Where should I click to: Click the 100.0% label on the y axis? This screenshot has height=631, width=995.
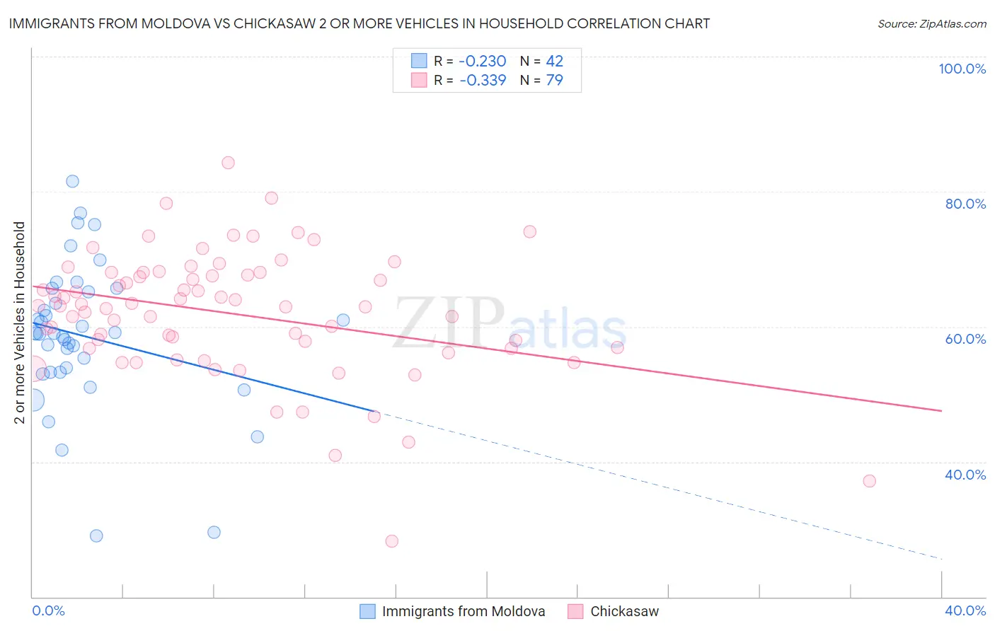[x=962, y=69]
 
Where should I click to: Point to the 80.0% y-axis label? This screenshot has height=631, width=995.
[x=965, y=204]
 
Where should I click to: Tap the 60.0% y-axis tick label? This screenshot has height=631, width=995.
[x=965, y=339]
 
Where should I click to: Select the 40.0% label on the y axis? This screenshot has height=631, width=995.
[x=965, y=475]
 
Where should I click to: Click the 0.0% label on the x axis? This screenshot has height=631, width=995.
[x=48, y=610]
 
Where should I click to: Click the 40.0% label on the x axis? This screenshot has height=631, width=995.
[x=965, y=610]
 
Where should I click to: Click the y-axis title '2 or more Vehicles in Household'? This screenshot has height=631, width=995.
[x=20, y=323]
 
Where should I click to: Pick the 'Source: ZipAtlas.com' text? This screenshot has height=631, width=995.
[x=931, y=24]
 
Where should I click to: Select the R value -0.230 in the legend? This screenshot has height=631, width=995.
[x=483, y=62]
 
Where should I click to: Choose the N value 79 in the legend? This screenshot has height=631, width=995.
[x=554, y=81]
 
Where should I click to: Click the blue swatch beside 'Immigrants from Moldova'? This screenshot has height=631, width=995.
[x=367, y=611]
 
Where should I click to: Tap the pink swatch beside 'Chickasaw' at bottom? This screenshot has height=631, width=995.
[x=575, y=611]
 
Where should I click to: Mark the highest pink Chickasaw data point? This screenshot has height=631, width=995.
[x=228, y=163]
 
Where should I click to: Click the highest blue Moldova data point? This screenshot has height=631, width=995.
[x=72, y=181]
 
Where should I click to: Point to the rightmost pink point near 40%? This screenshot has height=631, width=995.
[x=869, y=481]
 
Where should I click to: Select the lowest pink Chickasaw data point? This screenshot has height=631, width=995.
[x=391, y=541]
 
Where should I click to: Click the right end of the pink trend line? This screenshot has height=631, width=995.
[x=941, y=410]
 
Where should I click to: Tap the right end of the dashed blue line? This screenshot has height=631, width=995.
[x=941, y=559]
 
